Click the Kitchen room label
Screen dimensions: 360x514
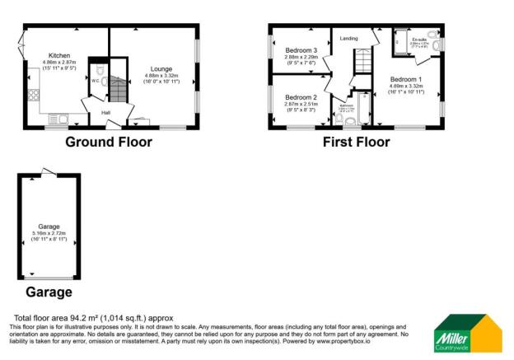tap(58, 56)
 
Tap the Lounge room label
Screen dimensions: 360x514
tap(161, 70)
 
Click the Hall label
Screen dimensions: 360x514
tap(106, 113)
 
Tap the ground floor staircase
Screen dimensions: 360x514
tap(120, 89)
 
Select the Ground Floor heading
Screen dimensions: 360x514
tap(109, 141)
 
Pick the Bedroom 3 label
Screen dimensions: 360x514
tap(301, 50)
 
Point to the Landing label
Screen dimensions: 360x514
tap(348, 37)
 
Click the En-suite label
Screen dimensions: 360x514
tap(417, 39)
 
